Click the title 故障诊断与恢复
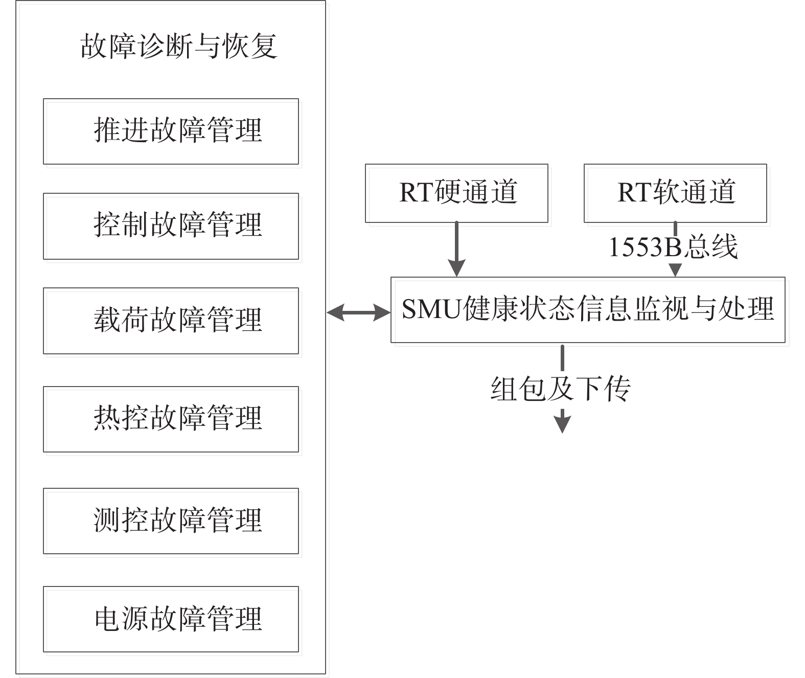click(x=179, y=47)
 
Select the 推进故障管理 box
click(x=171, y=131)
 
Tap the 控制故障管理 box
click(x=171, y=226)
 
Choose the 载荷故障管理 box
click(x=171, y=321)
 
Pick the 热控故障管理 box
click(x=171, y=419)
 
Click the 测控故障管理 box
click(x=171, y=521)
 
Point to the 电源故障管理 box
click(x=171, y=619)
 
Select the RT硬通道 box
click(x=456, y=193)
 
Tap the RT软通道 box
click(x=675, y=193)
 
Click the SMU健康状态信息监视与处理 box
click(x=588, y=310)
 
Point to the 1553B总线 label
click(x=673, y=247)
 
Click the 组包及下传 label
click(x=561, y=389)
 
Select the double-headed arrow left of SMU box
click(x=358, y=312)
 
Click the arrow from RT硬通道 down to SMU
click(x=456, y=249)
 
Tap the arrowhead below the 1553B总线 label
click(x=675, y=270)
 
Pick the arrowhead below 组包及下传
click(x=563, y=424)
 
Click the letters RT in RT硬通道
click(x=417, y=192)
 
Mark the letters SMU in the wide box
click(x=431, y=309)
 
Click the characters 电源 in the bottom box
click(x=122, y=619)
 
